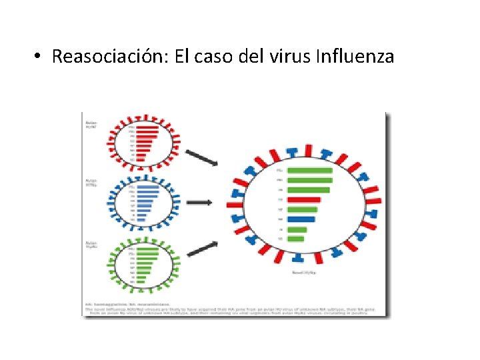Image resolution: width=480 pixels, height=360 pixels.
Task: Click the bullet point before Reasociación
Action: pyautogui.click(x=39, y=57)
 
